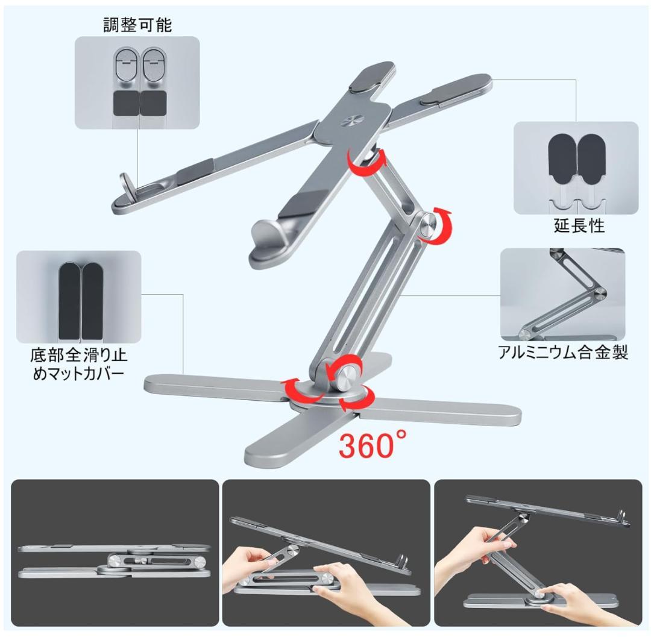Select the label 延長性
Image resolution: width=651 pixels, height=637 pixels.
[x=579, y=227]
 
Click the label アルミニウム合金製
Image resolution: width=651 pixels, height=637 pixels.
[x=563, y=353]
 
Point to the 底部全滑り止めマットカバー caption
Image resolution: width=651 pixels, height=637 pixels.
[x=79, y=363]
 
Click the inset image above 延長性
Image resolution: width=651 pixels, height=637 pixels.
[x=576, y=168]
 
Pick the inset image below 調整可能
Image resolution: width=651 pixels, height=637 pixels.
[x=137, y=83]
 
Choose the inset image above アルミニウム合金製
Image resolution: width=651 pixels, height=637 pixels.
[x=562, y=294]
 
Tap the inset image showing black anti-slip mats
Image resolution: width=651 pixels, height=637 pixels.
[x=79, y=297]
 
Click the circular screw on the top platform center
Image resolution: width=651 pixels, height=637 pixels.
[x=348, y=121]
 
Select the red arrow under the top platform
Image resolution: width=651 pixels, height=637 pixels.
[x=363, y=163]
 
